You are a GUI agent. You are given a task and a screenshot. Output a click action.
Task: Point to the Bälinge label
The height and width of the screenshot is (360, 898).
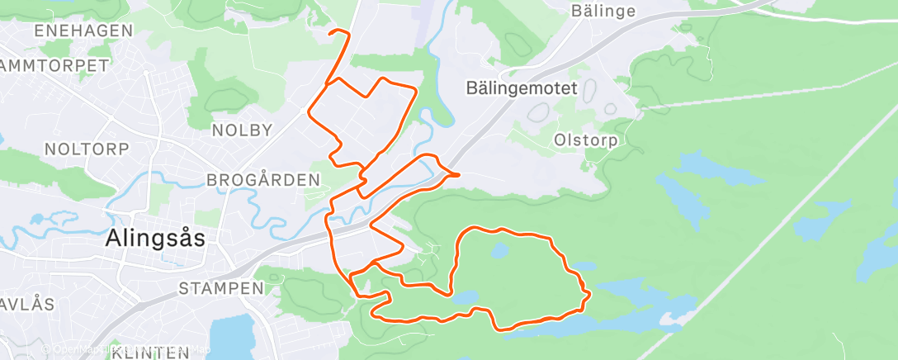(x=603, y=11)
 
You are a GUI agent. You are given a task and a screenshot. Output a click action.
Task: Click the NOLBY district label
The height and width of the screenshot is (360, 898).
(x=242, y=130)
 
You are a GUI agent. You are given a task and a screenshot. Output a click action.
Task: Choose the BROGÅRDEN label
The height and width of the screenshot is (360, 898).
(x=262, y=180)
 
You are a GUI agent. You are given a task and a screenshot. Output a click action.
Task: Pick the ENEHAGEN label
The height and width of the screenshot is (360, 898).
(x=83, y=31)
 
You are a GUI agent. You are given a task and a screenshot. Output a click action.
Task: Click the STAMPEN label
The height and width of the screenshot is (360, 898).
(x=221, y=289)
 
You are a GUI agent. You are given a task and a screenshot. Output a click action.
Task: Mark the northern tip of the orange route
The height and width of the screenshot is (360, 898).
(x=332, y=31)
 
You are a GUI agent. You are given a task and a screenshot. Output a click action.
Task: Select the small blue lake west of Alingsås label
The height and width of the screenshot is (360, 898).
(x=36, y=220)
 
